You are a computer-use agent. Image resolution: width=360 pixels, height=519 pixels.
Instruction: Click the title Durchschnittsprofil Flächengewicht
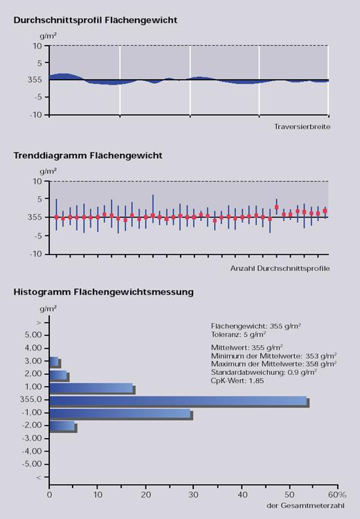[96, 20]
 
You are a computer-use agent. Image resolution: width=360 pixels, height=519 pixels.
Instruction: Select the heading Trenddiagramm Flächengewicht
[88, 156]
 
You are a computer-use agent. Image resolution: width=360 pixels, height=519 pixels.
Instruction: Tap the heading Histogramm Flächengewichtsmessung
[103, 292]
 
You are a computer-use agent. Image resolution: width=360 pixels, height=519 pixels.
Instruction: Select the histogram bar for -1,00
[121, 414]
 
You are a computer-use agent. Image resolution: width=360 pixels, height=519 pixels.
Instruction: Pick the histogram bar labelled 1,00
[92, 389]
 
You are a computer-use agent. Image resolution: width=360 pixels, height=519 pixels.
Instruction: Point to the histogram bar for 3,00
[55, 362]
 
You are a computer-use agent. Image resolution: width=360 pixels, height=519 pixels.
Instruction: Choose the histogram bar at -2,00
[63, 427]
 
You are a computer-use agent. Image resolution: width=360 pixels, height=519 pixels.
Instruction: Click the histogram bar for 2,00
[59, 376]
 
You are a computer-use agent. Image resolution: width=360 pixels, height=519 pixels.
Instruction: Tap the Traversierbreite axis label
[302, 126]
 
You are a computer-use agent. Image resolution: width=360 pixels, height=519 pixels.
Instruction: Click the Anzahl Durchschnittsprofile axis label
[280, 268]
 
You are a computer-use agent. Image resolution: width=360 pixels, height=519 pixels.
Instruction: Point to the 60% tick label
[337, 495]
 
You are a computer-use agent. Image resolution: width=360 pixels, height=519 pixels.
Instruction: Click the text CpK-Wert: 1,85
[237, 380]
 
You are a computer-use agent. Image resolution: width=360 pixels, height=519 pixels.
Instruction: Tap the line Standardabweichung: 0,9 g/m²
[264, 372]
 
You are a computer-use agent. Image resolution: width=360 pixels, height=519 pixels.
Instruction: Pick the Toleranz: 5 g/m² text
[238, 334]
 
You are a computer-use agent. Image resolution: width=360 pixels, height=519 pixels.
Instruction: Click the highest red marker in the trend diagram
[277, 207]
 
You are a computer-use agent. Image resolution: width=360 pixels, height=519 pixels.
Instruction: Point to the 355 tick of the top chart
[35, 80]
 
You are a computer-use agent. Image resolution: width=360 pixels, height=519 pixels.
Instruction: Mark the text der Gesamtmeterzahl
[305, 506]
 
